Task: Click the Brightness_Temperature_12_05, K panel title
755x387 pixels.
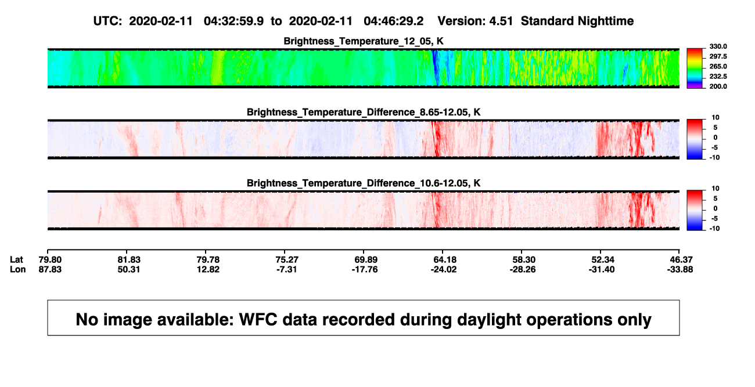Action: [364, 41]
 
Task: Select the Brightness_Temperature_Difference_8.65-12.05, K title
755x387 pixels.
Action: [364, 112]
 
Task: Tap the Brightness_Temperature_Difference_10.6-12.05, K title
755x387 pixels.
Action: [364, 183]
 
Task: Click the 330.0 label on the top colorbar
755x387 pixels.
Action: [718, 46]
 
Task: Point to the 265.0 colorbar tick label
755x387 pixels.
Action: [718, 66]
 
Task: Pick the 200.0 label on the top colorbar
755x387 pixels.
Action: [718, 86]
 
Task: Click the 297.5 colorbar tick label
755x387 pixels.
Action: [718, 56]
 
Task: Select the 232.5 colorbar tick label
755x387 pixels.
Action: [718, 77]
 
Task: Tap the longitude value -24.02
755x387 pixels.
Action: [444, 269]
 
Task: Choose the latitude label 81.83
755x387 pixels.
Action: [129, 260]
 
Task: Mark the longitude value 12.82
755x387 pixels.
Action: [208, 269]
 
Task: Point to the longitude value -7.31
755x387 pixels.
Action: [286, 269]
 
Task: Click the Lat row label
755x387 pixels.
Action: [16, 260]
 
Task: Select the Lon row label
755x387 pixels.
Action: [18, 269]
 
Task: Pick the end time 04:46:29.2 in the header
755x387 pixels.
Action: [393, 21]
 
